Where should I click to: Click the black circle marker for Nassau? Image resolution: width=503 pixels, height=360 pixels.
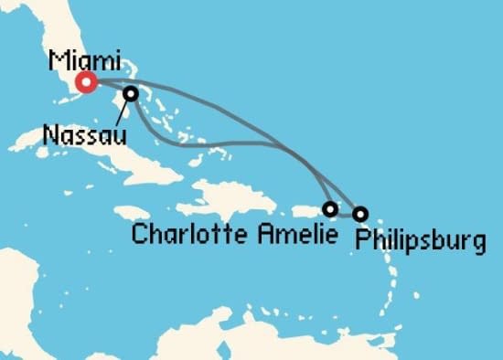click(x=132, y=93)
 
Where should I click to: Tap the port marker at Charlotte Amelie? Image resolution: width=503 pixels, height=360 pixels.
click(x=330, y=209)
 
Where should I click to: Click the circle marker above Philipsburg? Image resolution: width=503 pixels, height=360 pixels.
click(x=360, y=214)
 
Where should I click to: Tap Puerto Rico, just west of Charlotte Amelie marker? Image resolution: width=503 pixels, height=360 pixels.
click(x=301, y=211)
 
